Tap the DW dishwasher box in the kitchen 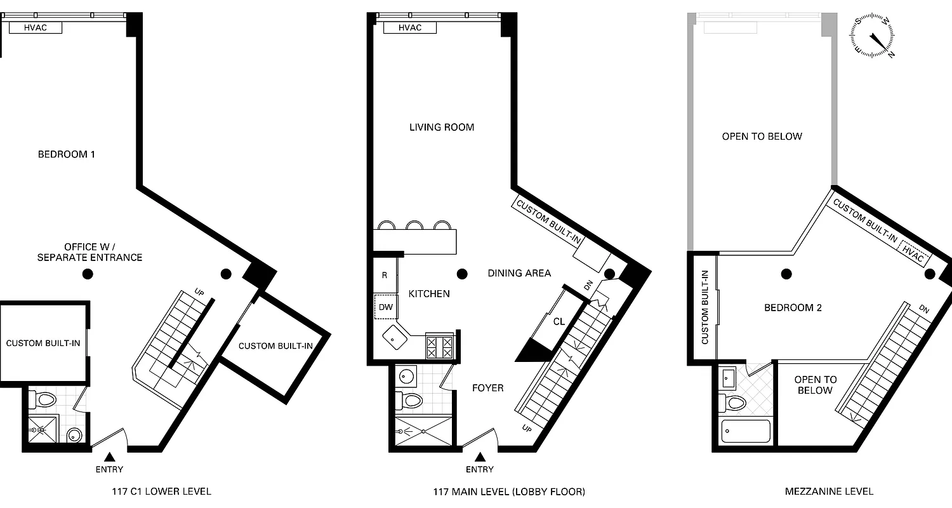pos(385,307)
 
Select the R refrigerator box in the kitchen pos(385,276)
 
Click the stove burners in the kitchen pos(439,347)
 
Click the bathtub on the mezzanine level pos(746,432)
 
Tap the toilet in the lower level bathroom pos(44,399)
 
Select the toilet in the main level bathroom pos(410,401)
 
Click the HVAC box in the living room pos(410,28)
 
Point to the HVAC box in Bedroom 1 pos(35,28)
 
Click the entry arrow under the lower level pos(110,457)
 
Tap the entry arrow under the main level pos(480,457)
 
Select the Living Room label pos(442,127)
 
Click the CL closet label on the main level pos(559,322)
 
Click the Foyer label pos(487,387)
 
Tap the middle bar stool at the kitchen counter pos(415,225)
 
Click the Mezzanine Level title pos(829,491)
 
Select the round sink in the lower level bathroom pos(75,436)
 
